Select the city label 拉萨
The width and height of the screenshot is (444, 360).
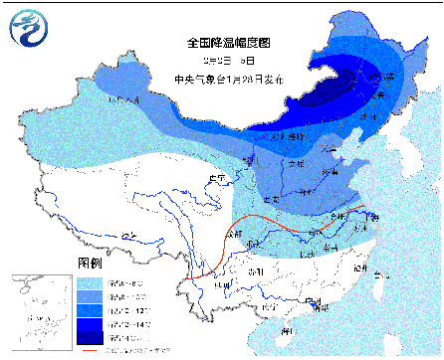coord(126,236)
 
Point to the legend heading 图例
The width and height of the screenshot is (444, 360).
coord(90,262)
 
